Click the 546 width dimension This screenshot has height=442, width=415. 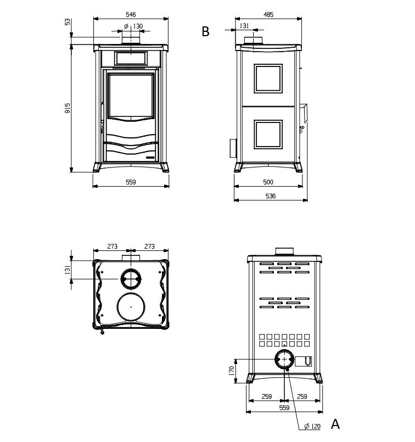click(131, 14)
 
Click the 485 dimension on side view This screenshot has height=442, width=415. click(268, 15)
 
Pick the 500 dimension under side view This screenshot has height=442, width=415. click(268, 182)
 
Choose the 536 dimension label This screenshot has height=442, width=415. click(270, 196)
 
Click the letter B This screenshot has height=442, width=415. click(205, 32)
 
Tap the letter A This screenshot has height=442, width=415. click(335, 424)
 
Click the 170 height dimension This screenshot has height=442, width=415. click(232, 372)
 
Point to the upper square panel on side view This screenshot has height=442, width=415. click(268, 78)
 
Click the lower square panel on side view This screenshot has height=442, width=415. click(268, 135)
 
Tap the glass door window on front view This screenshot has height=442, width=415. click(131, 96)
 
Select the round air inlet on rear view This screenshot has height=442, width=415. click(284, 360)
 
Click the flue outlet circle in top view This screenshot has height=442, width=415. click(131, 279)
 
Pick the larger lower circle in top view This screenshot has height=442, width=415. click(131, 306)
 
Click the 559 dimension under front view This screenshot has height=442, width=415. click(131, 182)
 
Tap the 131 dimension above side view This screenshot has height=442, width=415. click(244, 25)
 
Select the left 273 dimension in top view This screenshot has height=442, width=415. click(112, 247)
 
